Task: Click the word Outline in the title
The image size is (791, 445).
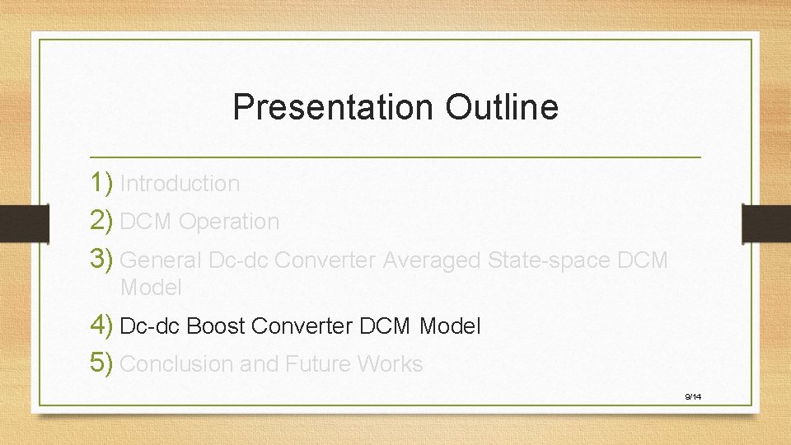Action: (x=502, y=107)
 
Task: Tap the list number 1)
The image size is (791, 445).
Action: (x=103, y=183)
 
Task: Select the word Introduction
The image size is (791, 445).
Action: (x=180, y=184)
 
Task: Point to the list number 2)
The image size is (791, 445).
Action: (x=103, y=221)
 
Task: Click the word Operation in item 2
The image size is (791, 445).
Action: (x=229, y=222)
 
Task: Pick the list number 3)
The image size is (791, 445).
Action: (x=103, y=260)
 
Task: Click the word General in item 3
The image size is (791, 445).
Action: (x=161, y=260)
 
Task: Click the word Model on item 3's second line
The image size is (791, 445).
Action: (x=151, y=288)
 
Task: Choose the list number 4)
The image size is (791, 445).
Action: (x=103, y=326)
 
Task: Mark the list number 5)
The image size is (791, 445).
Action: (x=103, y=363)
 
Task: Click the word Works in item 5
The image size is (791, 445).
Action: (x=391, y=364)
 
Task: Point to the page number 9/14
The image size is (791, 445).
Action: (x=692, y=397)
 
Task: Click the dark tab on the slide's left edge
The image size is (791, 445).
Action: (x=15, y=223)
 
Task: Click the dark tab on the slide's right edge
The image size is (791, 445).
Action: (x=766, y=223)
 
